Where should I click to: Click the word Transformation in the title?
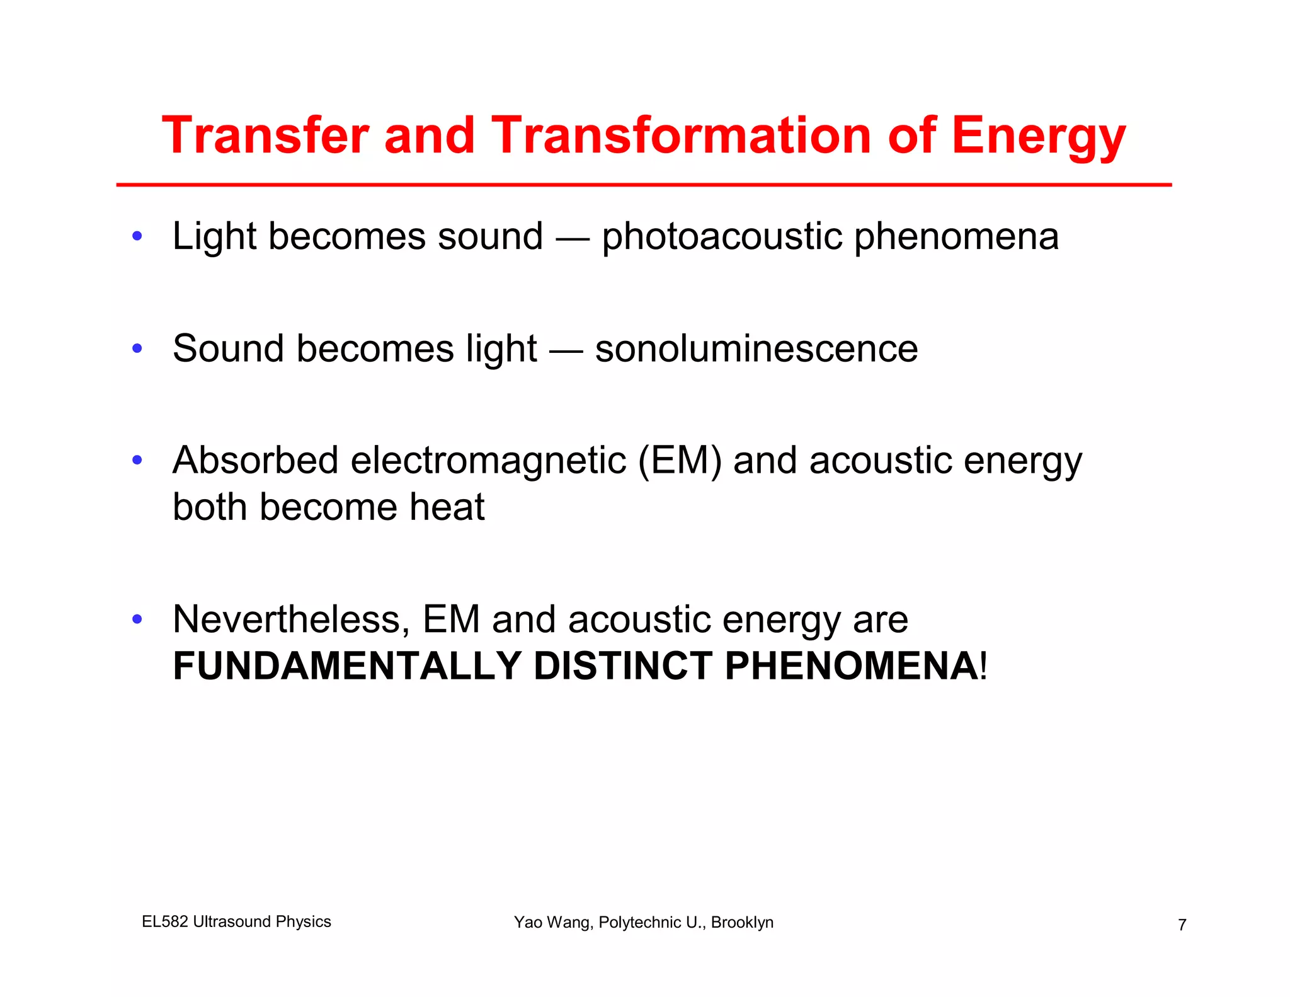point(681,135)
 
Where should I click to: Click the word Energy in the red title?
point(1038,135)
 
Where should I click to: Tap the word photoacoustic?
point(722,237)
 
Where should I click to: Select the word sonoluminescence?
point(756,349)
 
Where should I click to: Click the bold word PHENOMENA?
point(851,666)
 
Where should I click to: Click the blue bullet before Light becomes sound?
point(137,237)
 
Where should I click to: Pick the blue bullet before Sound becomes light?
point(137,349)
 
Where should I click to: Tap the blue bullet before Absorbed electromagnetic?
point(137,460)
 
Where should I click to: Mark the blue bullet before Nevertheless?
point(137,620)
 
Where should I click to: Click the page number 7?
point(1182,925)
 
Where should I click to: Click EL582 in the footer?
point(164,922)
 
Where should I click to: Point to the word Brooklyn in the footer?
point(742,923)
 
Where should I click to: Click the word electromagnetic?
point(488,461)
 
